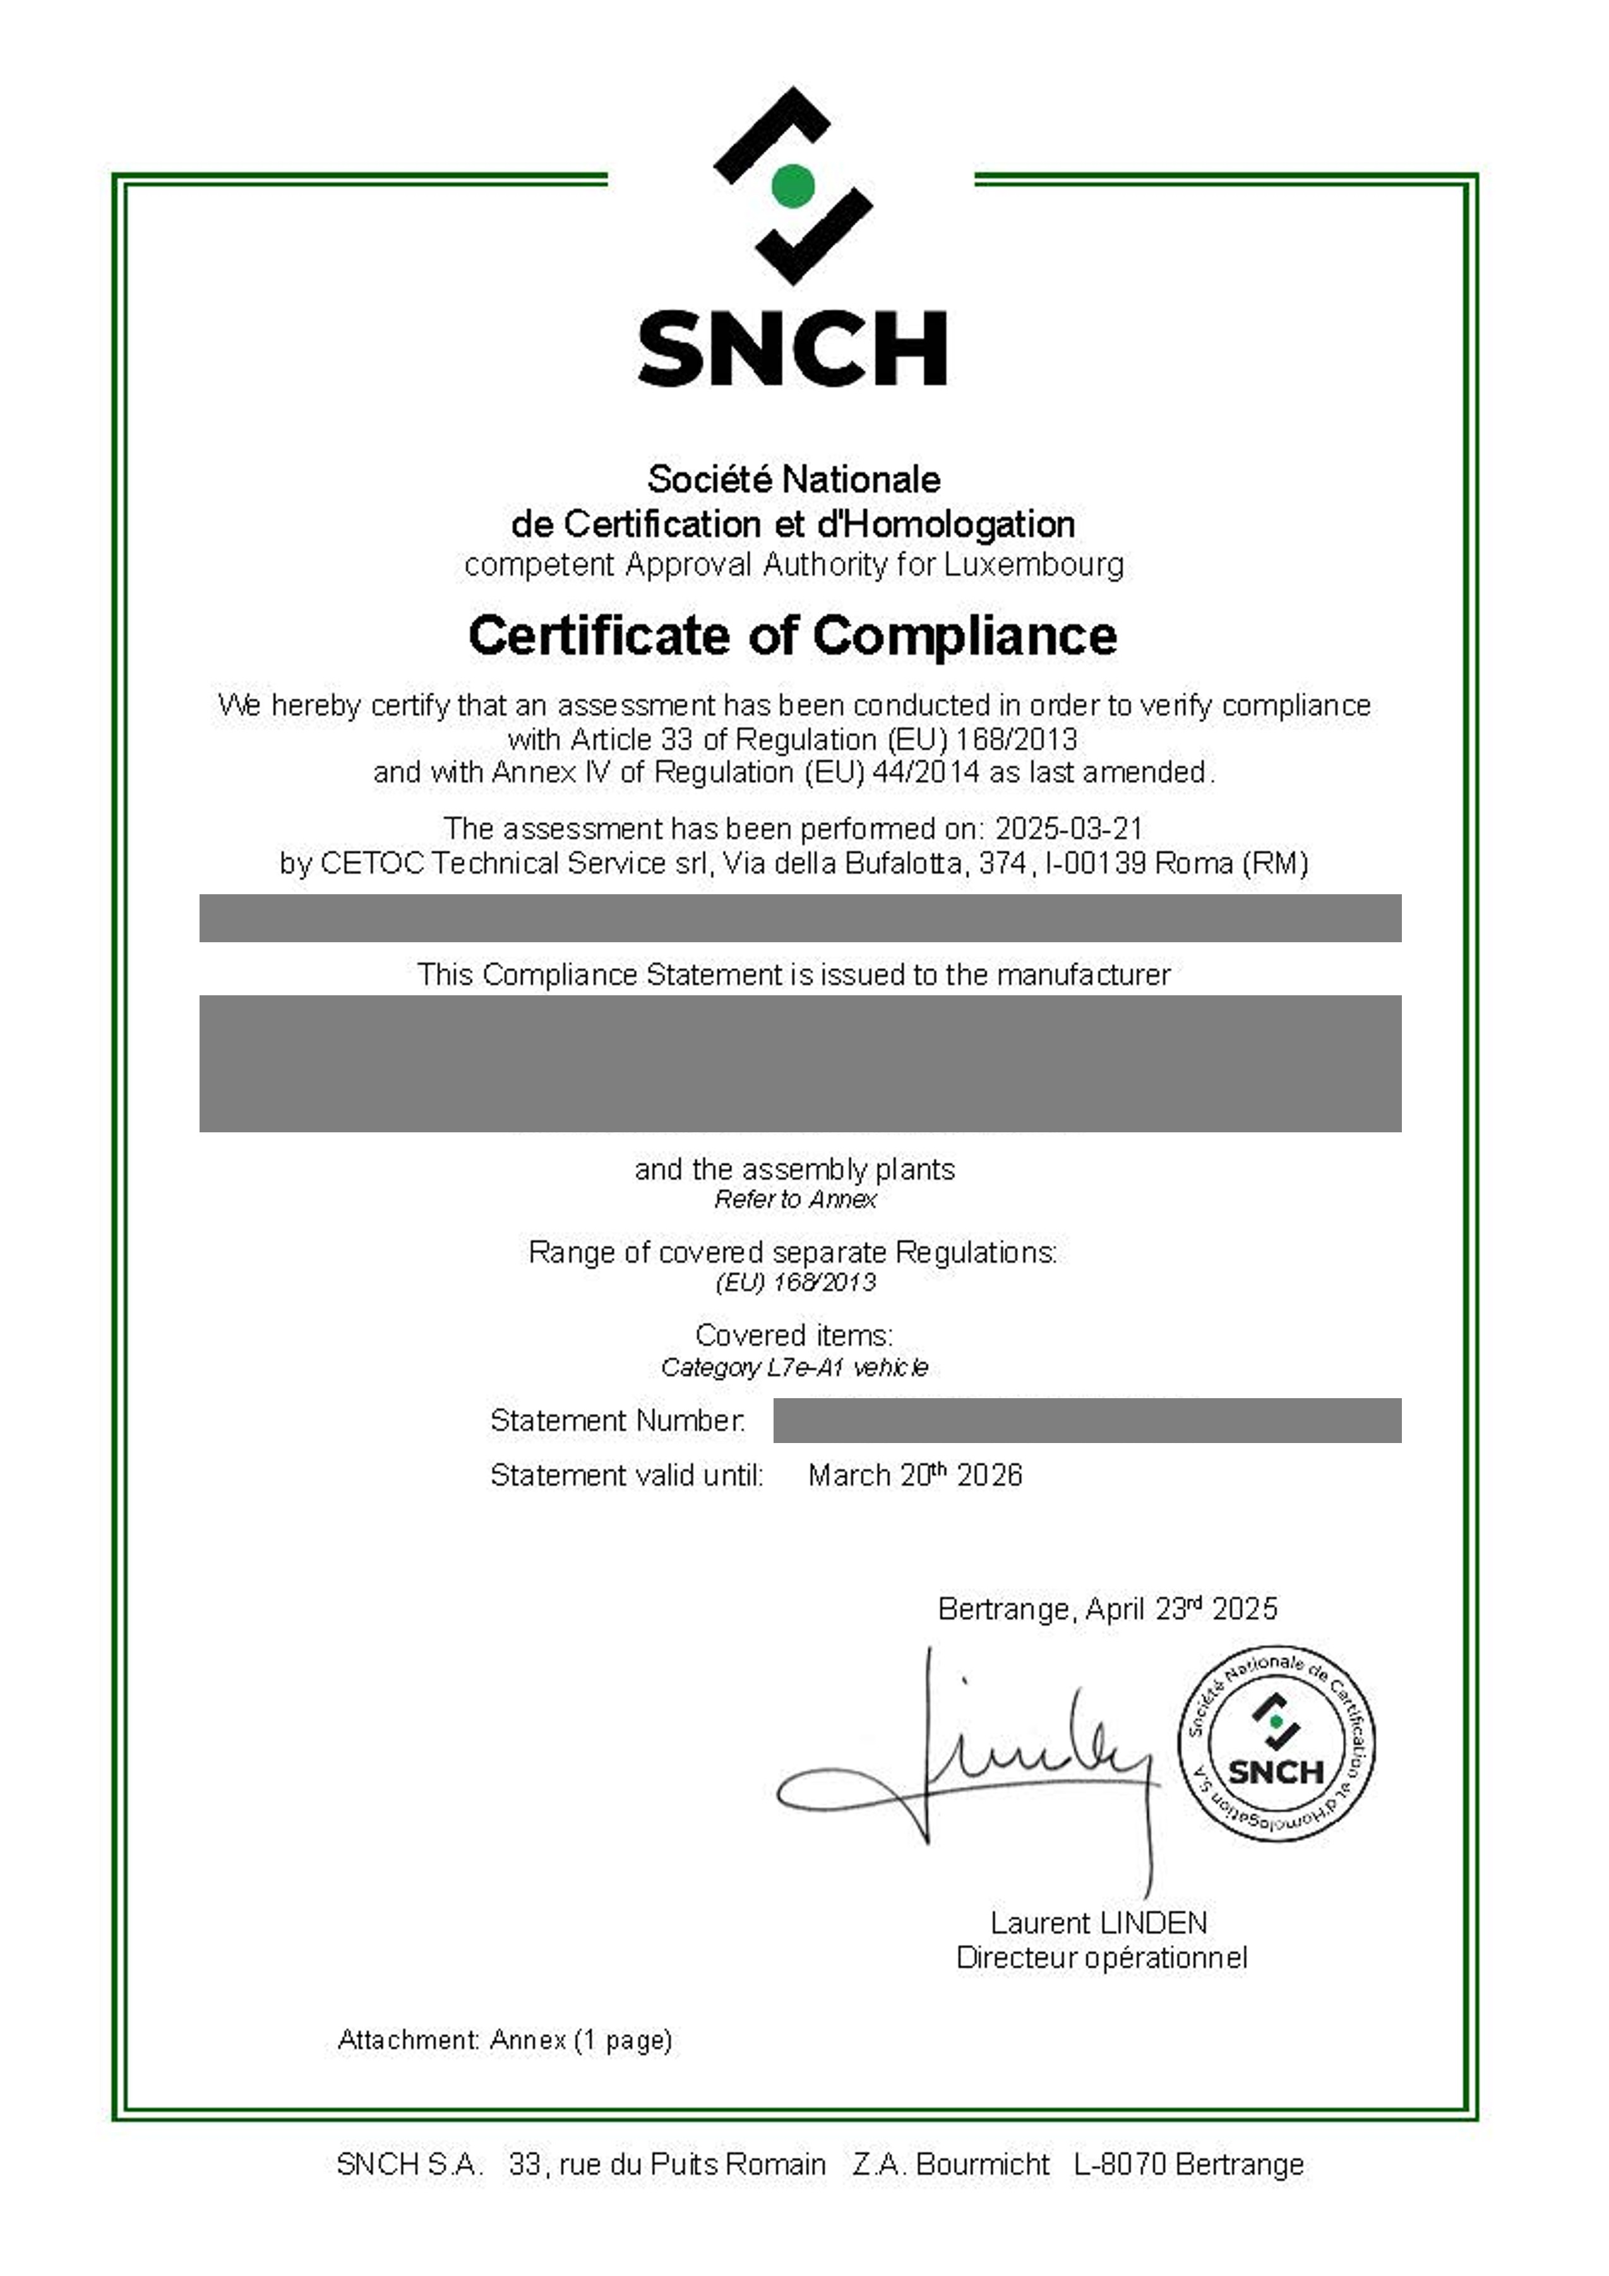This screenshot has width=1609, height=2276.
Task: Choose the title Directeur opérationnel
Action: pos(1101,1958)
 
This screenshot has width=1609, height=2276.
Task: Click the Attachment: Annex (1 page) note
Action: pos(505,2040)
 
